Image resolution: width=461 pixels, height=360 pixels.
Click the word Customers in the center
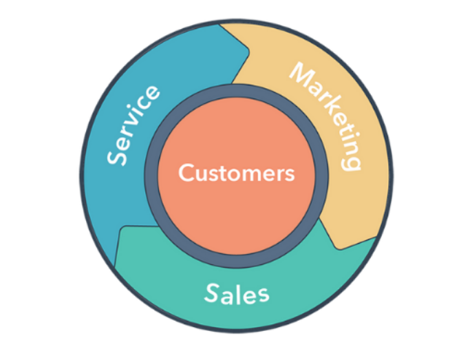pos(236,173)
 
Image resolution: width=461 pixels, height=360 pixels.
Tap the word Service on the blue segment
pos(135,125)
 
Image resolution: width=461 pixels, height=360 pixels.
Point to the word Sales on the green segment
pos(237,294)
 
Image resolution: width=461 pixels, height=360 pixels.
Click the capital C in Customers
pos(185,173)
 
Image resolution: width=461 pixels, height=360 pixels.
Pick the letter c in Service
pos(147,105)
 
